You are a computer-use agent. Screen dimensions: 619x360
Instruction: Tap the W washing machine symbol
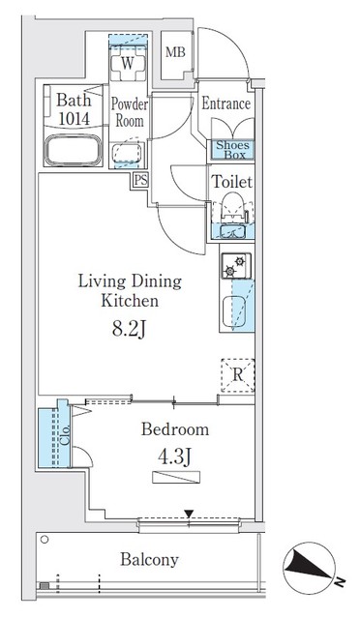click(x=126, y=64)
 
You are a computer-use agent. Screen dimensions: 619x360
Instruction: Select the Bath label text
click(x=73, y=99)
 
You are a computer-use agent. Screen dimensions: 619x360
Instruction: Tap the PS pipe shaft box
click(x=140, y=179)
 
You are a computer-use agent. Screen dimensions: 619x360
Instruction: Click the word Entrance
click(x=226, y=104)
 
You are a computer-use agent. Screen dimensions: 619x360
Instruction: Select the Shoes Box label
click(x=232, y=150)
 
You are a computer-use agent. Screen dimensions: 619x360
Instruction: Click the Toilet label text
click(x=231, y=181)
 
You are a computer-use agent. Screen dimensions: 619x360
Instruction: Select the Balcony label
click(x=149, y=560)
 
